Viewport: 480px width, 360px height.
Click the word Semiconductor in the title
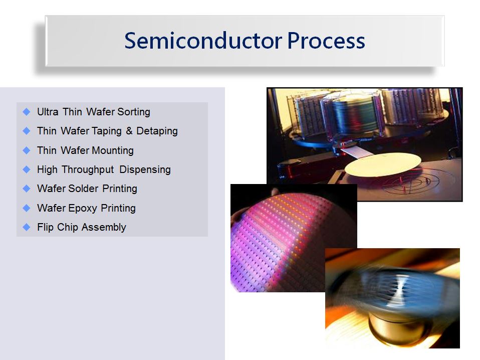203,41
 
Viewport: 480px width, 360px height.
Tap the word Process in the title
326,41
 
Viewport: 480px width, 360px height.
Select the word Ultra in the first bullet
48,112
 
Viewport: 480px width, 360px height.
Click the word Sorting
134,112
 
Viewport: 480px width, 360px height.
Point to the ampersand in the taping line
129,131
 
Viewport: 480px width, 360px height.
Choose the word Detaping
157,131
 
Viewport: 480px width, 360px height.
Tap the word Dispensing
145,170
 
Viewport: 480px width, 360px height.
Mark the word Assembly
104,227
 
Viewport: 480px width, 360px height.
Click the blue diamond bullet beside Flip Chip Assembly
27,227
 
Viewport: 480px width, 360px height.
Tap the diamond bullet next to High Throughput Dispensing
27,169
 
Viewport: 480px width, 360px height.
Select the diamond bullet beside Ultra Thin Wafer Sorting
27,112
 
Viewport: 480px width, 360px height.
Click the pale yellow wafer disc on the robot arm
383,165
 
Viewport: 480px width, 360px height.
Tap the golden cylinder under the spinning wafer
398,328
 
